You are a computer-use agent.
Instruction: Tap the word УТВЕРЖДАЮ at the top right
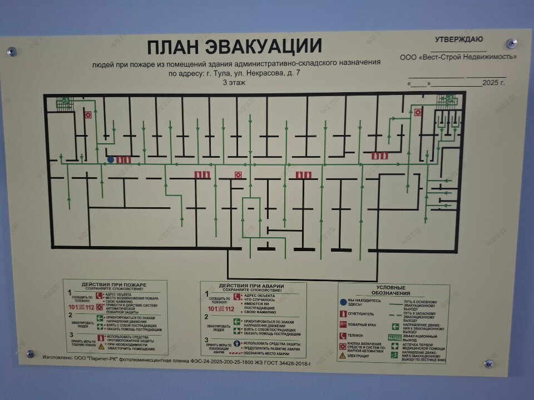point(459,39)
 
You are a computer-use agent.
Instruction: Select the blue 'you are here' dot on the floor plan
point(110,160)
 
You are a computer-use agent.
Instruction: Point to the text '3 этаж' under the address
point(234,82)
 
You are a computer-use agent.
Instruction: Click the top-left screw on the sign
point(11,52)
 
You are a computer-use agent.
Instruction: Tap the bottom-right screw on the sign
point(489,364)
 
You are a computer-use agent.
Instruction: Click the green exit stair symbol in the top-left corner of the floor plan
point(63,101)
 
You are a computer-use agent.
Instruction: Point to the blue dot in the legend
point(343,302)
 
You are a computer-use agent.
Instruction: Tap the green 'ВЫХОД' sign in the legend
point(394,337)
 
